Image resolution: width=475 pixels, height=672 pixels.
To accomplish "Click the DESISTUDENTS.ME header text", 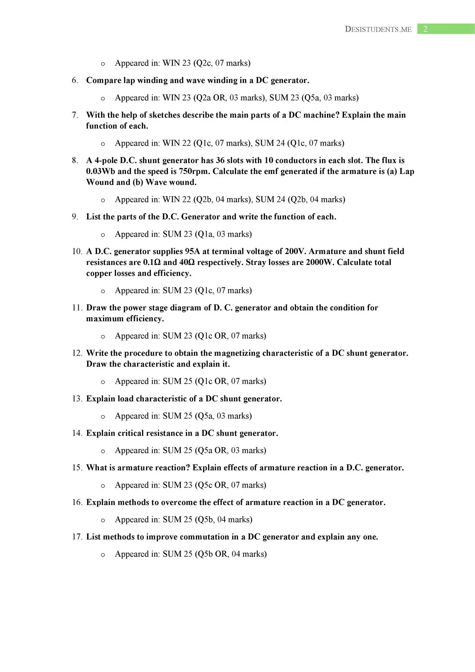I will [378, 29].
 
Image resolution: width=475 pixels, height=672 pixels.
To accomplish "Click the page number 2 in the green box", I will [425, 29].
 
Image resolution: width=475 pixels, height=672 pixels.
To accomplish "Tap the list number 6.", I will [75, 80].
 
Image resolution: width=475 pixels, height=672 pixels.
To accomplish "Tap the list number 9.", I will [75, 217].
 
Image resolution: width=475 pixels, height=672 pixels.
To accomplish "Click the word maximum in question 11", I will [105, 319].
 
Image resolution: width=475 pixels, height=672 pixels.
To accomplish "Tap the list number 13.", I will [77, 399].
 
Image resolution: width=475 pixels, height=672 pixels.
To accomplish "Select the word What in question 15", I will [95, 468].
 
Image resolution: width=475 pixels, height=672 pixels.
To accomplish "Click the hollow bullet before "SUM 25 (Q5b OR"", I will [103, 555].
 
